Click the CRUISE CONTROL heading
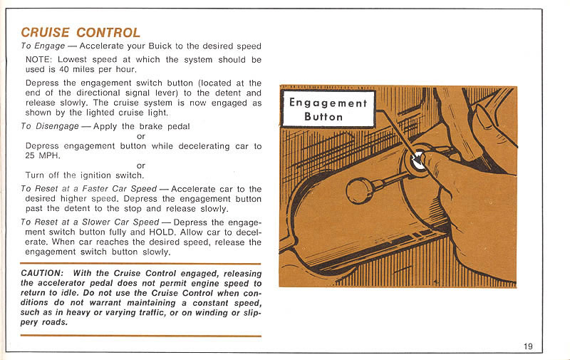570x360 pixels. pyautogui.click(x=81, y=33)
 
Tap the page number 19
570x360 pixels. pyautogui.click(x=527, y=346)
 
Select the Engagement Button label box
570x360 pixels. pyautogui.click(x=328, y=109)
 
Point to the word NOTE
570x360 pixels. pyautogui.click(x=38, y=59)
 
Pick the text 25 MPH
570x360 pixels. pyautogui.click(x=39, y=155)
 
